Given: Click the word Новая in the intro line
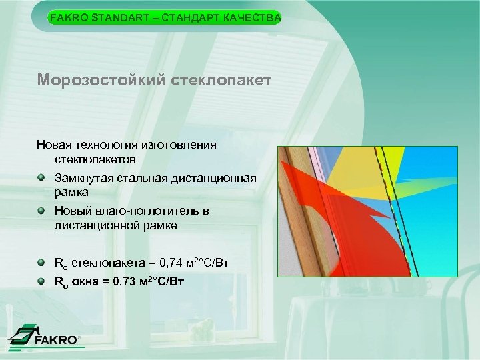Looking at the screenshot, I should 53,144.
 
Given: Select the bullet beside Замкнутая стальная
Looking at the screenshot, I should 42,178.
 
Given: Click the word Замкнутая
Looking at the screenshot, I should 83,178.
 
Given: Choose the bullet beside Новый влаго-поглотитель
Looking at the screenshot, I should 42,211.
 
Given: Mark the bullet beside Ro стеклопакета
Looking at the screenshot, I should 42,262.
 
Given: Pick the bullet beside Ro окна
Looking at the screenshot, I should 42,281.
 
